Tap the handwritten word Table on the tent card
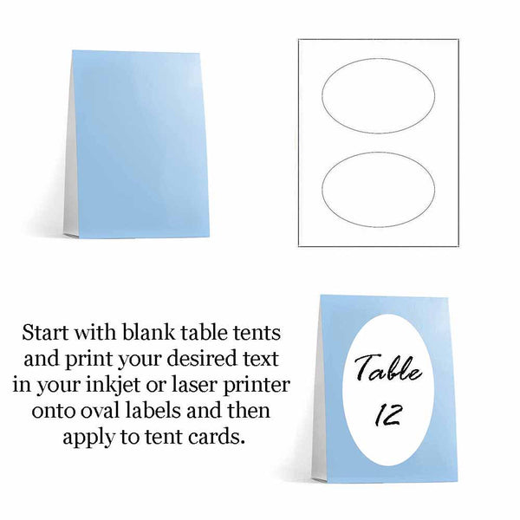point(388,367)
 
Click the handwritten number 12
point(388,415)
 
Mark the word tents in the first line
point(257,333)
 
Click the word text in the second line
point(262,359)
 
